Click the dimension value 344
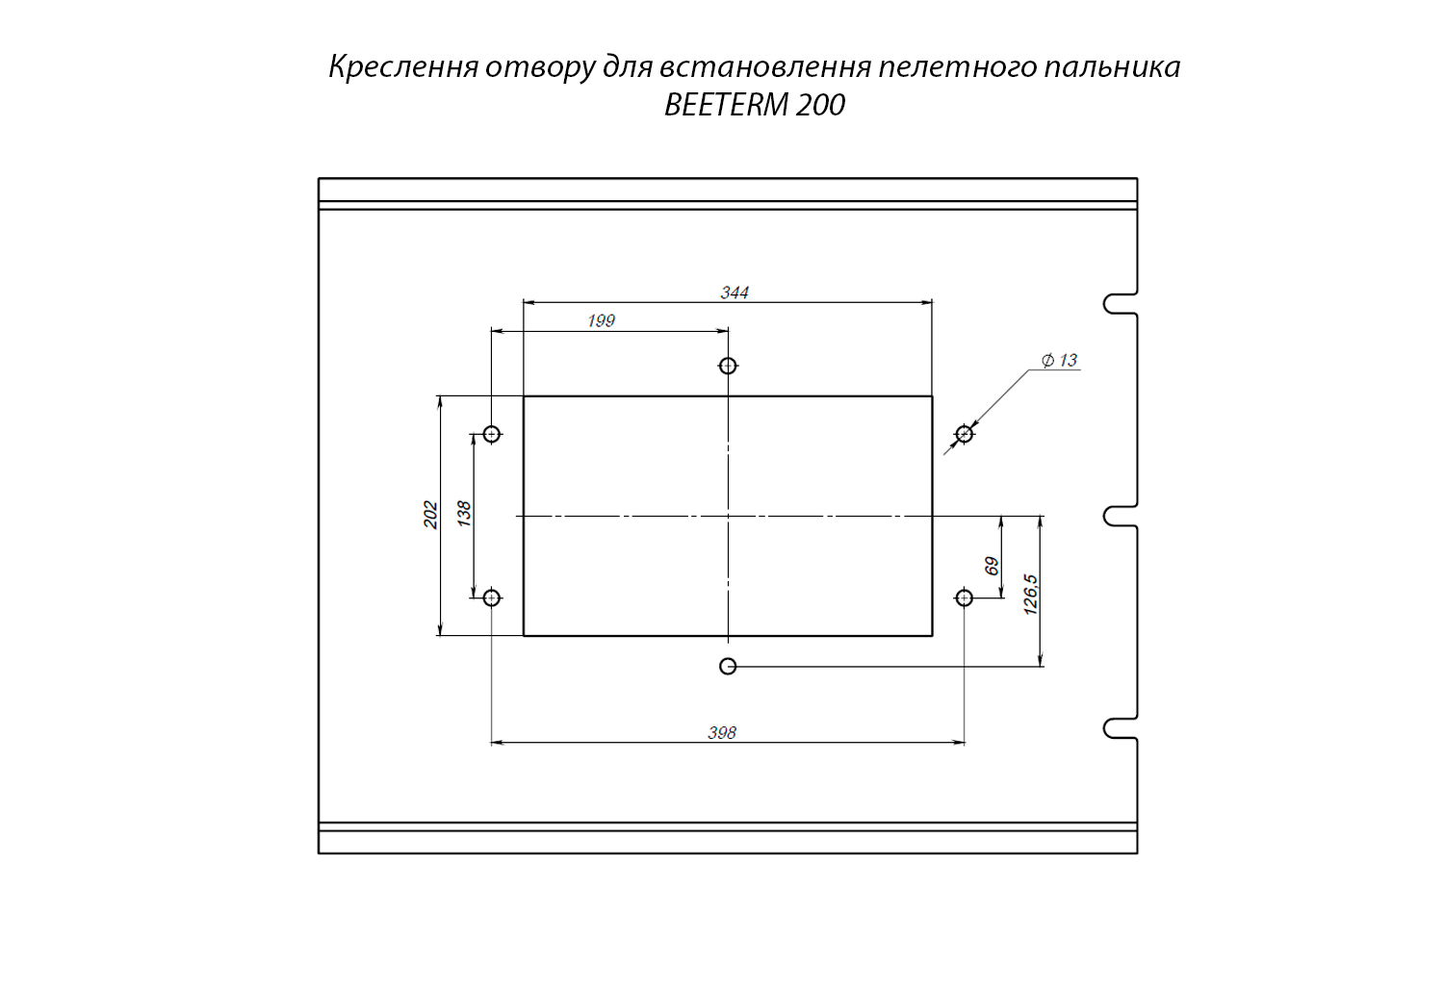click(x=735, y=292)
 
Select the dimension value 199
click(x=601, y=320)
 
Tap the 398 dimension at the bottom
click(x=722, y=732)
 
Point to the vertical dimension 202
click(x=431, y=515)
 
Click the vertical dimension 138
click(x=464, y=513)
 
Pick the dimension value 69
click(x=992, y=566)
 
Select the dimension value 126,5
click(x=1030, y=594)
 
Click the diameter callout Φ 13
click(x=1059, y=360)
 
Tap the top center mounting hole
click(x=728, y=366)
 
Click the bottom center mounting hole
click(x=728, y=666)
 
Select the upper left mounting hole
click(x=492, y=434)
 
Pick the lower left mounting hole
click(x=492, y=597)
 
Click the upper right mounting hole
click(x=965, y=434)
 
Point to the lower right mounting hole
click(x=965, y=597)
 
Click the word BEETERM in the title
click(x=727, y=105)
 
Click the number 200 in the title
click(x=821, y=105)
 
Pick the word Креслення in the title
click(x=404, y=67)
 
